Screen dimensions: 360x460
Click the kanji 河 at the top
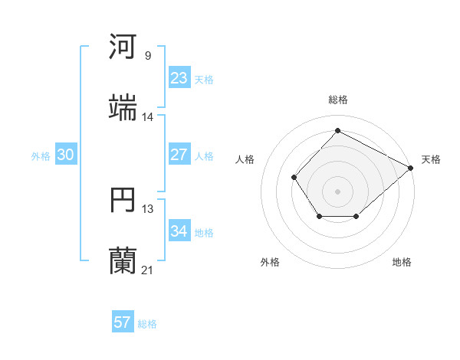point(123,47)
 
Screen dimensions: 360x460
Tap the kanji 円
point(123,201)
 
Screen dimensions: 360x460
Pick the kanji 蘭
point(123,261)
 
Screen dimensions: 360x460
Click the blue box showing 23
point(179,77)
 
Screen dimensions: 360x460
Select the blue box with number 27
point(179,155)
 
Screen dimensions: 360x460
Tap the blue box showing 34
point(179,231)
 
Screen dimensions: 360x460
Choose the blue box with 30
point(66,155)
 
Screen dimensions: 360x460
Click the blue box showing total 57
point(123,322)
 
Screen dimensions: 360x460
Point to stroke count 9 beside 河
point(148,56)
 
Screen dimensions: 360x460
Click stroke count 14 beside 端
point(148,116)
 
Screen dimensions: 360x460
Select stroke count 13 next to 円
point(148,208)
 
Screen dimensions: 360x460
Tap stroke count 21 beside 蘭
point(148,270)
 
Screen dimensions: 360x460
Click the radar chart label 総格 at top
point(337,100)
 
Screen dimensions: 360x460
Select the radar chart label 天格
point(431,159)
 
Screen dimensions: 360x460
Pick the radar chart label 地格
point(402,262)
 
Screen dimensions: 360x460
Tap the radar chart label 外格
point(270,262)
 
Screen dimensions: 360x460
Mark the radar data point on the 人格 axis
point(294,178)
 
